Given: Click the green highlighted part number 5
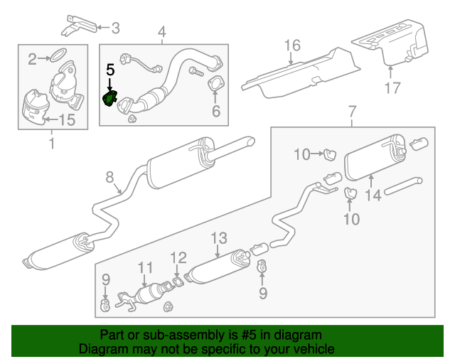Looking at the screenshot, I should pyautogui.click(x=110, y=98).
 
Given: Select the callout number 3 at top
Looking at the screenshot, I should pyautogui.click(x=115, y=28).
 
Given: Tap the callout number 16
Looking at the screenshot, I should pyautogui.click(x=293, y=47).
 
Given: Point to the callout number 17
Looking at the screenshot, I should pyautogui.click(x=393, y=89).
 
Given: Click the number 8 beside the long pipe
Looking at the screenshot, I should pyautogui.click(x=110, y=176).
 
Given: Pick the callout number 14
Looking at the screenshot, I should pyautogui.click(x=373, y=195).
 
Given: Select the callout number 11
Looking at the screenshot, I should pyautogui.click(x=145, y=268).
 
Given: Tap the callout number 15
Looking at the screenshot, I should pyautogui.click(x=65, y=120).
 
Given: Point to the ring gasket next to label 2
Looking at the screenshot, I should pyautogui.click(x=60, y=54).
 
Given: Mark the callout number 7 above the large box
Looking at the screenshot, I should pyautogui.click(x=351, y=112).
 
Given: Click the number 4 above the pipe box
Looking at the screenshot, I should pyautogui.click(x=161, y=31).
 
